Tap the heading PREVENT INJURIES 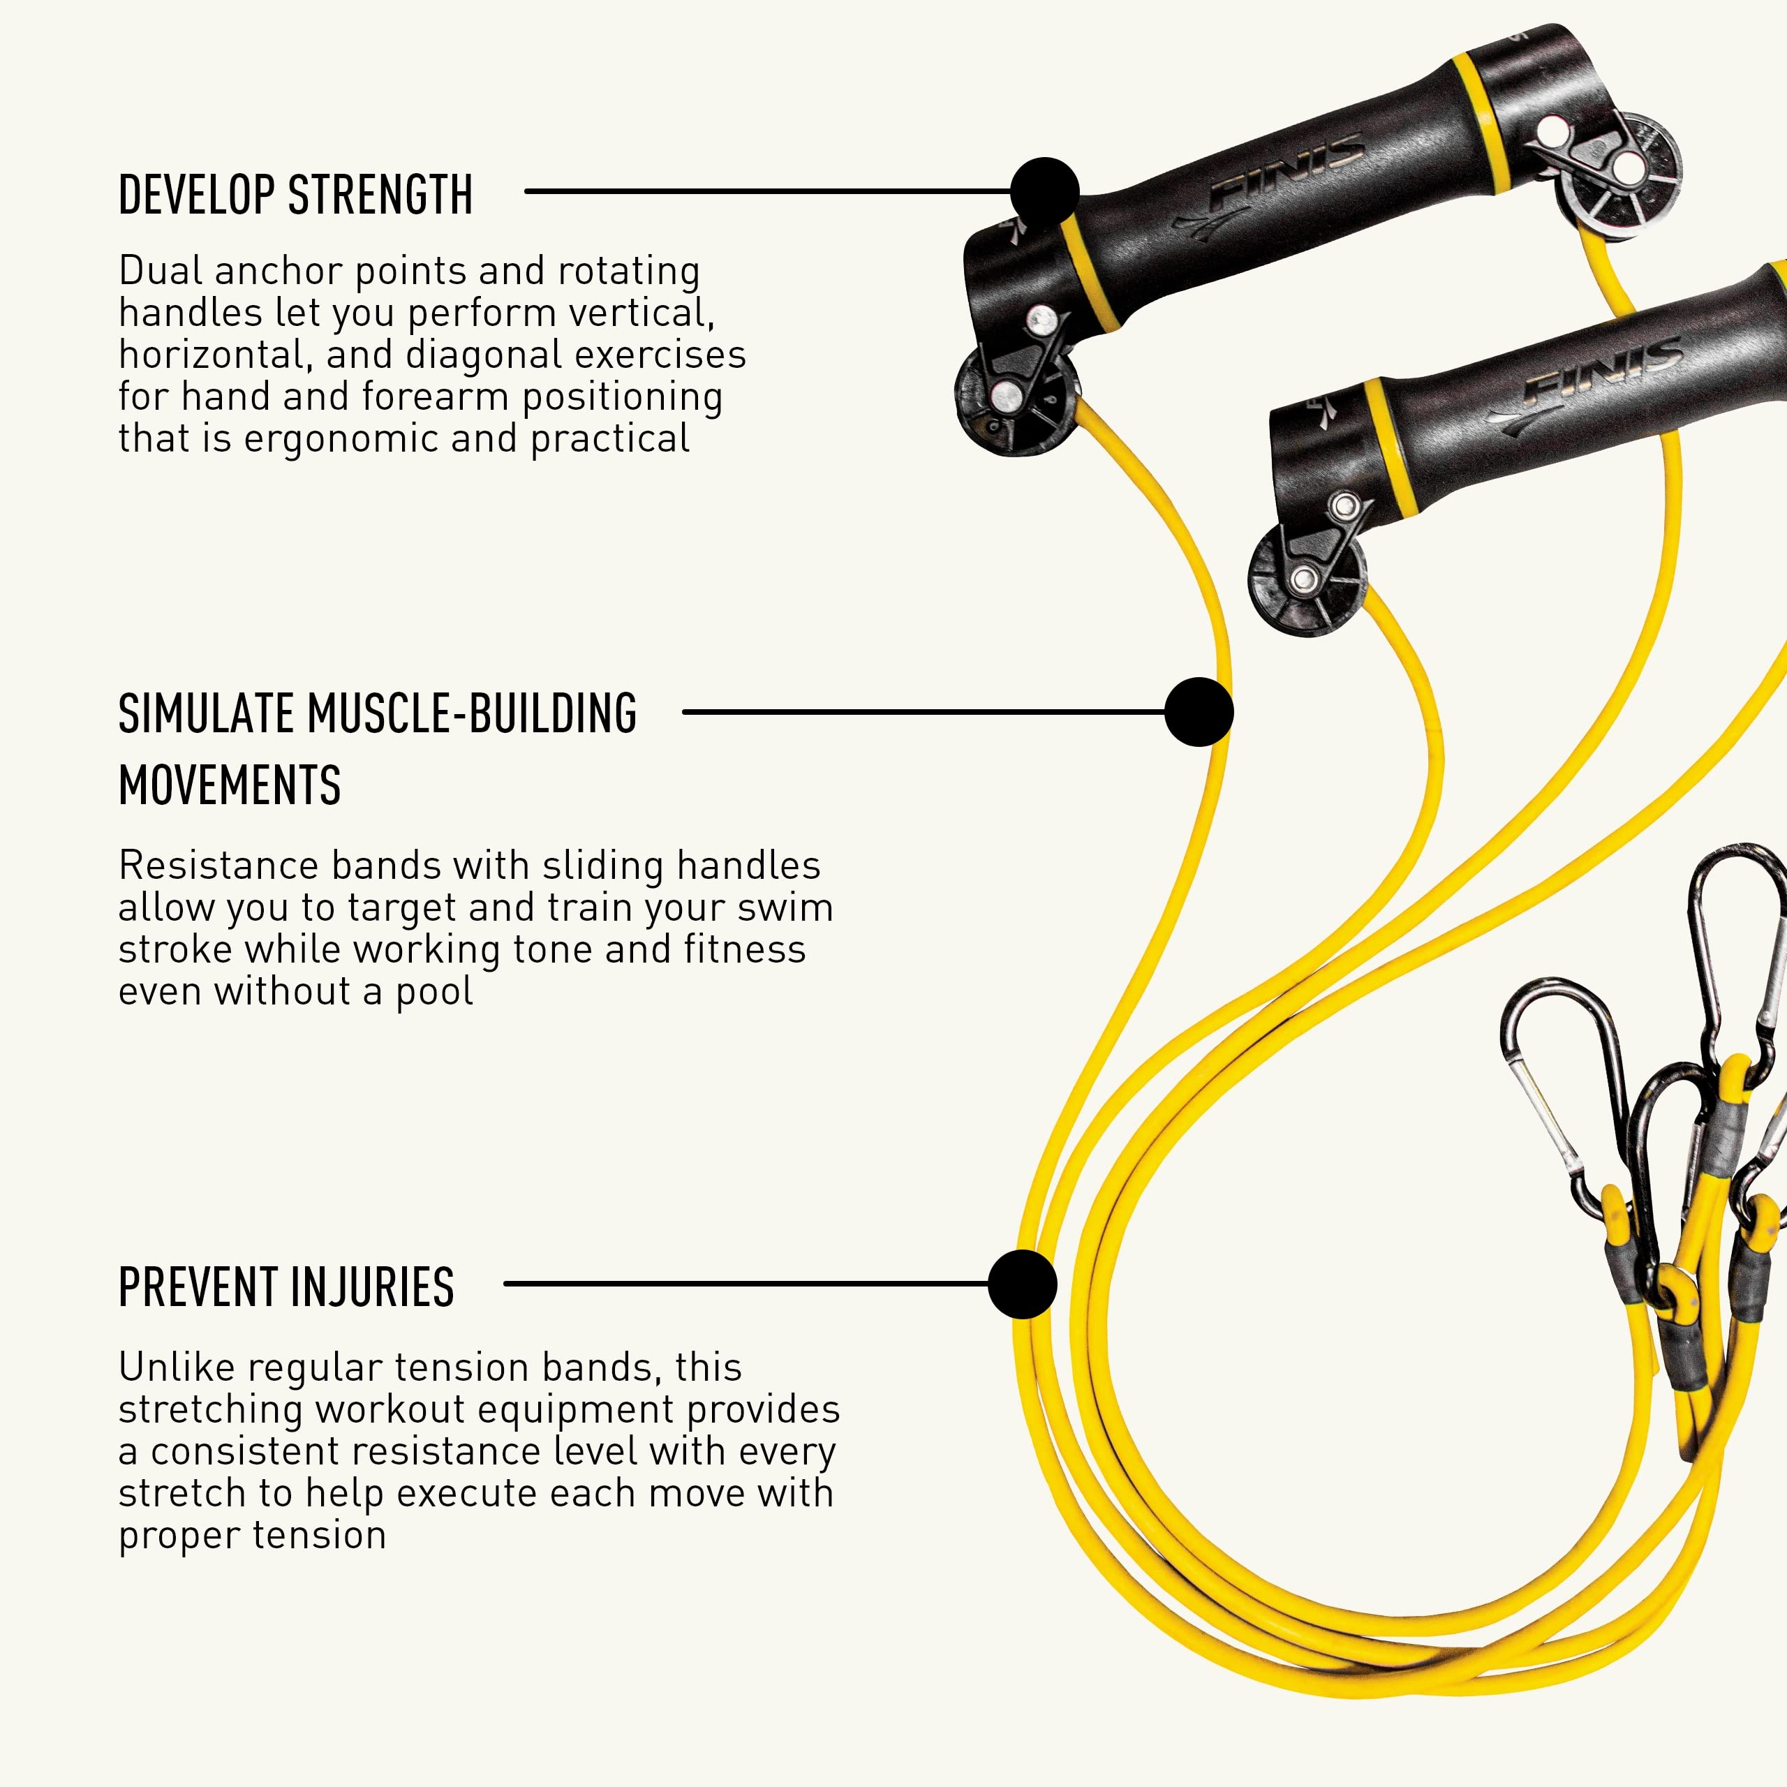(x=286, y=1287)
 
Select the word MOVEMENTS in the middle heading (x=230, y=785)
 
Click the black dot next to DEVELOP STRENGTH (x=1044, y=191)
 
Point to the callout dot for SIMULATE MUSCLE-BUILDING (x=1199, y=712)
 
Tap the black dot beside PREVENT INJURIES (x=1022, y=1284)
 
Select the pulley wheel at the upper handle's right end (x=1618, y=177)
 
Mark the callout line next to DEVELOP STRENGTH (x=768, y=191)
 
